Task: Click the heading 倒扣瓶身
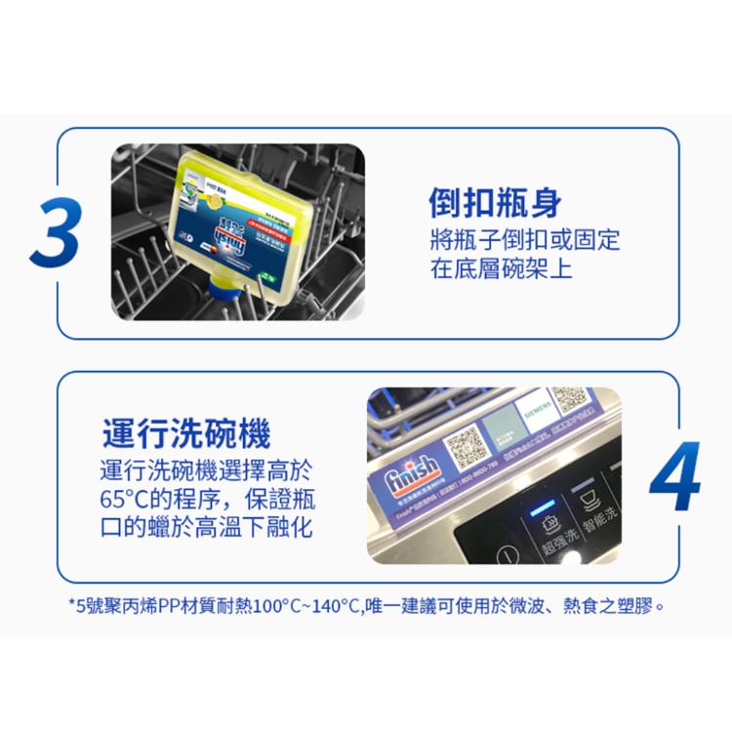point(496,203)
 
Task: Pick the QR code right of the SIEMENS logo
point(571,399)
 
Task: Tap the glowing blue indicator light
point(536,508)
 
